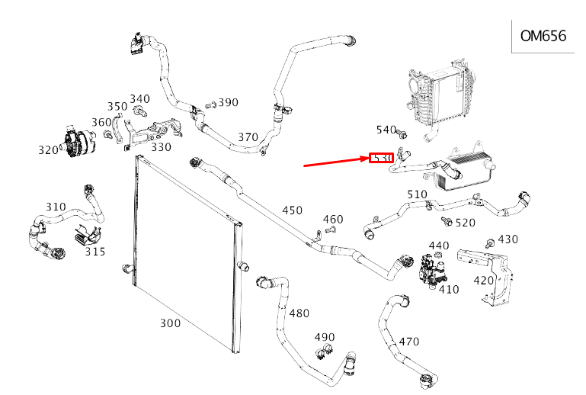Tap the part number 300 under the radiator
(x=171, y=323)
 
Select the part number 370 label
(x=248, y=137)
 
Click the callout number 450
(x=292, y=210)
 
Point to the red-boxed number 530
(x=381, y=158)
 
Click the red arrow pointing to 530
(x=335, y=162)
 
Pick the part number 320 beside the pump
(x=48, y=150)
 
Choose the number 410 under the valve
(x=449, y=290)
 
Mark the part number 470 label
(x=409, y=342)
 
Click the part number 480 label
(x=299, y=313)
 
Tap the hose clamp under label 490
(x=323, y=352)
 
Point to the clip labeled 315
(x=85, y=236)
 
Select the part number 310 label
(x=56, y=207)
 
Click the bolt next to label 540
(x=399, y=136)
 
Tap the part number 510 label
(x=417, y=194)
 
